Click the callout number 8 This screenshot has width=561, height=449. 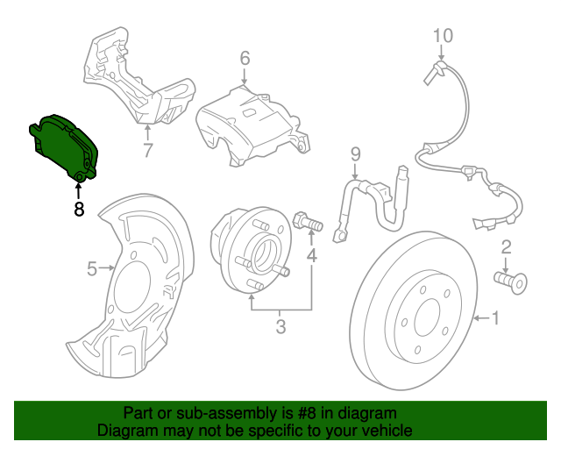pyautogui.click(x=79, y=210)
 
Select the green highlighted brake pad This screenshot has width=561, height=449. pyautogui.click(x=67, y=146)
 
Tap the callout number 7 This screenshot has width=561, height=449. pyautogui.click(x=147, y=150)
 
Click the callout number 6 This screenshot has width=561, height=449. pyautogui.click(x=245, y=59)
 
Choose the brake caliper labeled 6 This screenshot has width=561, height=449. pyautogui.click(x=251, y=123)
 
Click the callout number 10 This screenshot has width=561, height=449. pyautogui.click(x=443, y=36)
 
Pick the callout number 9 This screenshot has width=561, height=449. pyautogui.click(x=355, y=155)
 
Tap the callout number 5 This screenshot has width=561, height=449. pyautogui.click(x=91, y=269)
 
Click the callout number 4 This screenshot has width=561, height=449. pyautogui.click(x=311, y=256)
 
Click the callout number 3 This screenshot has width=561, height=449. pyautogui.click(x=280, y=328)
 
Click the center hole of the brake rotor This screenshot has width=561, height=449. pyautogui.click(x=428, y=317)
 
